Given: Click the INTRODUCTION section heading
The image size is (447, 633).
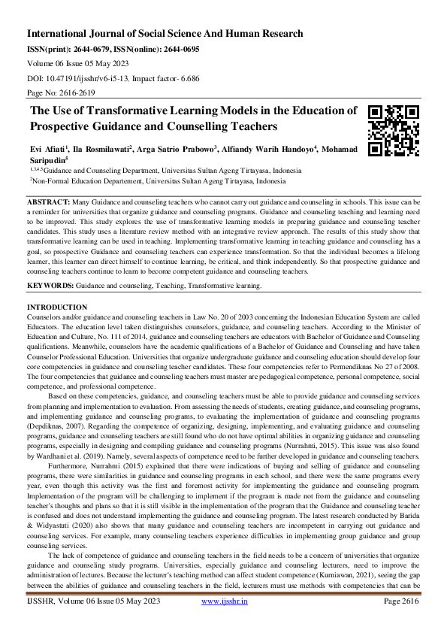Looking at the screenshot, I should (57, 308).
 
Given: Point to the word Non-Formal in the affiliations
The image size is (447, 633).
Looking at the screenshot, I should (51, 181).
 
